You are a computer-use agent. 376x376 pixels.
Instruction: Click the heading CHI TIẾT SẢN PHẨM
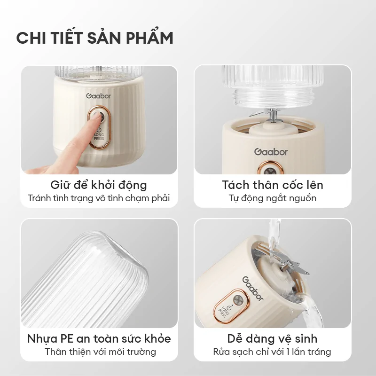pyautogui.click(x=94, y=38)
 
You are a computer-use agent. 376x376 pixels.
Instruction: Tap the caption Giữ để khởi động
pyautogui.click(x=99, y=185)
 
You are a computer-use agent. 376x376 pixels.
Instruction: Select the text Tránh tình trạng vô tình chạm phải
pyautogui.click(x=99, y=198)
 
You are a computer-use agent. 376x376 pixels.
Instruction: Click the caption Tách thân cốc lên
pyautogui.click(x=273, y=185)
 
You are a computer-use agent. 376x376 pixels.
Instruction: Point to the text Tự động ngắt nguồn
pyautogui.click(x=273, y=198)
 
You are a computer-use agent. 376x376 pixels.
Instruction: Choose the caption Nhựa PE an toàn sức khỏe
pyautogui.click(x=99, y=338)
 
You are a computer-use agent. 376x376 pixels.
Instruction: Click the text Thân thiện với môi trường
pyautogui.click(x=99, y=352)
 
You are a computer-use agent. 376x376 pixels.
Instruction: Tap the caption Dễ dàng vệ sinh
pyautogui.click(x=273, y=338)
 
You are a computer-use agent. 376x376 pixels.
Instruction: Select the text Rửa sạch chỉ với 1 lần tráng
pyautogui.click(x=273, y=352)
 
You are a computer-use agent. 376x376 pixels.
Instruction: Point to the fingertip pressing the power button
pyautogui.click(x=96, y=117)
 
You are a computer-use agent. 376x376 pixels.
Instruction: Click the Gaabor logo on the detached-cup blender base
pyautogui.click(x=271, y=152)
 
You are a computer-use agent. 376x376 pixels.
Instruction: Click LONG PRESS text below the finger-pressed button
pyautogui.click(x=99, y=137)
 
